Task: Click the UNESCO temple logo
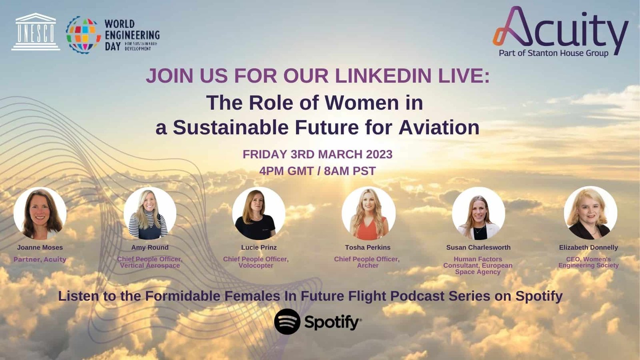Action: point(36,32)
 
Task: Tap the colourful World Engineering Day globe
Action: point(84,34)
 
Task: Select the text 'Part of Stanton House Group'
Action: point(554,53)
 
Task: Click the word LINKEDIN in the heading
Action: point(383,76)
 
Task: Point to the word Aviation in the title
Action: point(439,128)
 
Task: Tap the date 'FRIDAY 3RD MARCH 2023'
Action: point(318,154)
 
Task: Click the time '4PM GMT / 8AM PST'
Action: point(318,171)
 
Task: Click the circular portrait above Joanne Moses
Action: point(40,213)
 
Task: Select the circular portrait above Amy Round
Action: point(150,213)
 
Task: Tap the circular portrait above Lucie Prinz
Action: point(258,213)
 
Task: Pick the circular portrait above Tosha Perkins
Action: point(368,213)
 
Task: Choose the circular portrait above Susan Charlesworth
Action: point(478,213)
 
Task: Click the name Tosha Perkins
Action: point(368,248)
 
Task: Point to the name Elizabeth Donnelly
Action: point(588,248)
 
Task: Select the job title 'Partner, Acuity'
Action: point(40,260)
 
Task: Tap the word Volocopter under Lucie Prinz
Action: point(256,266)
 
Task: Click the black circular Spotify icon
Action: point(287,322)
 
